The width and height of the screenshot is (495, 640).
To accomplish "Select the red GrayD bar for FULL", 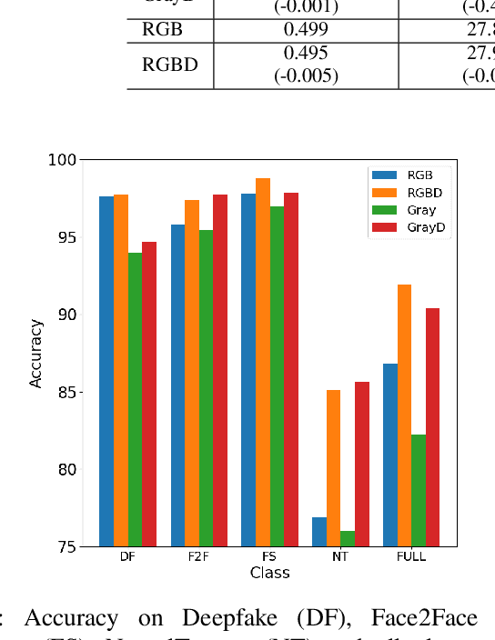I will [432, 427].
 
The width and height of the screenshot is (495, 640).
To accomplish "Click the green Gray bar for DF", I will [135, 399].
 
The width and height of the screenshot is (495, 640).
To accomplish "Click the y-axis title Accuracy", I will [36, 353].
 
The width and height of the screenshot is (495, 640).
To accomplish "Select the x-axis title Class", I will [269, 572].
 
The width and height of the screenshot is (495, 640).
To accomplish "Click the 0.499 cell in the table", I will [306, 29].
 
